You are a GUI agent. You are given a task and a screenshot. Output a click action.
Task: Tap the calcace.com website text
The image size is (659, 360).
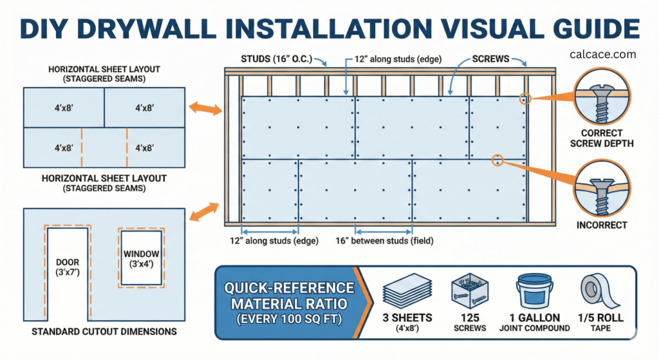click(603, 55)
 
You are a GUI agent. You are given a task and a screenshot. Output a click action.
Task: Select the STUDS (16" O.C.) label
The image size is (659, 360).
click(275, 59)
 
